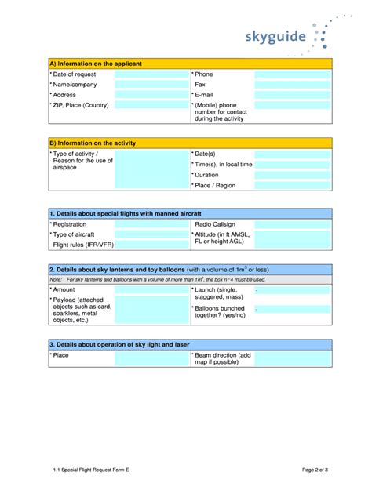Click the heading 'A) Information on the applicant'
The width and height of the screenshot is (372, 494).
coord(96,63)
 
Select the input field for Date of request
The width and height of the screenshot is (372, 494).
coord(151,74)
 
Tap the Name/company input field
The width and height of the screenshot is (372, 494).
coord(151,85)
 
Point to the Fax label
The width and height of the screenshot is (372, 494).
coord(200,85)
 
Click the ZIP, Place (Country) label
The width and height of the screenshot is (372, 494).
coord(80,105)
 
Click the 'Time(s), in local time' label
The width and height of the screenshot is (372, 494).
coord(223,165)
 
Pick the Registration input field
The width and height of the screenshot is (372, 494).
coord(151,224)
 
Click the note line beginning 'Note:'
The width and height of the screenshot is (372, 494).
coord(157,279)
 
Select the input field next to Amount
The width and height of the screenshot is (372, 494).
coord(151,289)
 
